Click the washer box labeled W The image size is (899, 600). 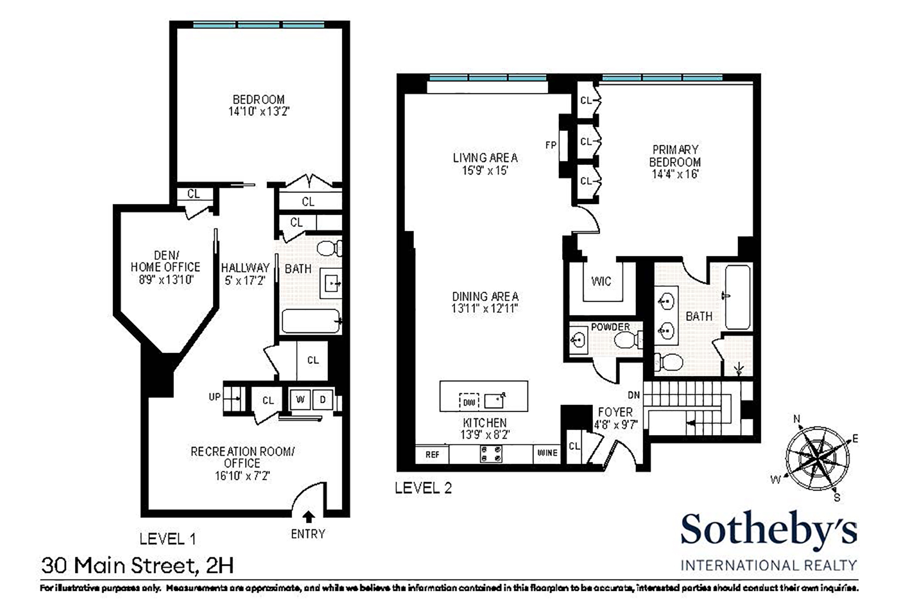point(300,400)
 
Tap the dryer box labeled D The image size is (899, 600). point(323,400)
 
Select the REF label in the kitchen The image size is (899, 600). point(433,454)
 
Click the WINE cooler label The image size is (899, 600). point(547,453)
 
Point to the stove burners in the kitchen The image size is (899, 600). point(491,454)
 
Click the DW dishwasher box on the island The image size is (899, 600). point(468,402)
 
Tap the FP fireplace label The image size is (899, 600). point(550,145)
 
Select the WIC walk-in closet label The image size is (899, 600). point(601,281)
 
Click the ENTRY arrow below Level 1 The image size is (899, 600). point(309,517)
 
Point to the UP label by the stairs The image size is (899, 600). point(215,397)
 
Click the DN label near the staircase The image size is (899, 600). point(634,395)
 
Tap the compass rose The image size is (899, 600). point(817,458)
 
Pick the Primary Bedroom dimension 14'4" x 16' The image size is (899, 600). point(675,174)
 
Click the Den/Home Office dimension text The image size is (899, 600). point(166,280)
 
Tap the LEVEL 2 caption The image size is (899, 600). point(423,488)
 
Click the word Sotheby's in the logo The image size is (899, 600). point(769,531)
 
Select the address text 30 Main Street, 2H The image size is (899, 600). point(137,566)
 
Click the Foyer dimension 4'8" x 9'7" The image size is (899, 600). point(615,425)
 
